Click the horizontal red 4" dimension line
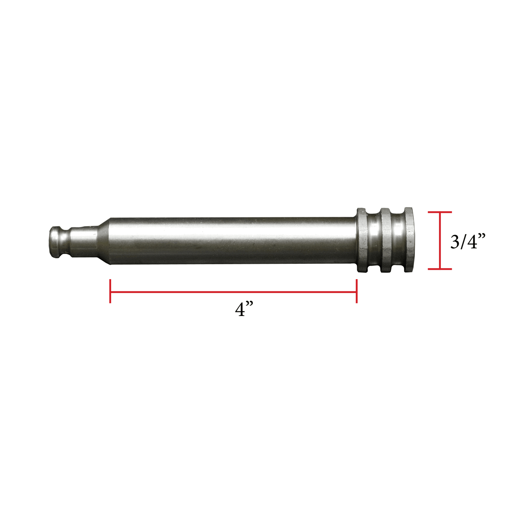tap(233, 291)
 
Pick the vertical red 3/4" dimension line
tap(440, 240)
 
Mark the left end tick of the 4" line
tap(110, 291)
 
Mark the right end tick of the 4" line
tap(356, 291)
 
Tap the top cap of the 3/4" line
tap(440, 212)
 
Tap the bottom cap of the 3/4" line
tap(440, 269)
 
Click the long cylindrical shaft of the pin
tap(233, 241)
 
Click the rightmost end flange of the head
tap(408, 240)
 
